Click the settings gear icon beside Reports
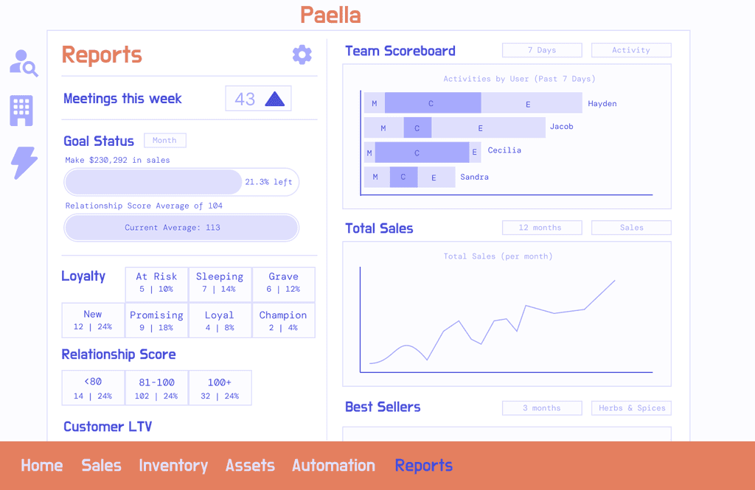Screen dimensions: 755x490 pos(302,55)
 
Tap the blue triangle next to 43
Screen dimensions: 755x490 pos(275,99)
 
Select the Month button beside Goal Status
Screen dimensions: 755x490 pos(164,141)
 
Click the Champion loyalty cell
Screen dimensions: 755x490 pos(283,321)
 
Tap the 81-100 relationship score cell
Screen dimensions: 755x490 pos(156,388)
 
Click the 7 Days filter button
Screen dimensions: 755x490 pos(542,50)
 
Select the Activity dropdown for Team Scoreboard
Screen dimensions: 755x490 pos(631,50)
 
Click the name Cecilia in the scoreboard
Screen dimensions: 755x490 pos(504,150)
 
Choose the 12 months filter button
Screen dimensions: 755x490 pos(542,228)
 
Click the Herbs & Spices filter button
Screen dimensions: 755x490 pos(631,408)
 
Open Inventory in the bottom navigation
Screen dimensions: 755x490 pos(173,466)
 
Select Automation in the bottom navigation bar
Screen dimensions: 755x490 pos(334,466)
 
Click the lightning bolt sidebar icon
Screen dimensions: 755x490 pos(23,163)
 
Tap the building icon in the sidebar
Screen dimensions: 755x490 pos(21,111)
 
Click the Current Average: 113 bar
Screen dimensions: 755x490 pos(181,228)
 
